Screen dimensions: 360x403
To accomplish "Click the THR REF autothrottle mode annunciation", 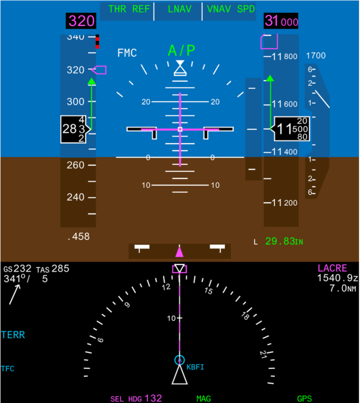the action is pyautogui.click(x=126, y=9).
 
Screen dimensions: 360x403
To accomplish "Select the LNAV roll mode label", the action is pyautogui.click(x=178, y=9).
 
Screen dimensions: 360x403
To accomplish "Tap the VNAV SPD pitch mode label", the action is pyautogui.click(x=228, y=9).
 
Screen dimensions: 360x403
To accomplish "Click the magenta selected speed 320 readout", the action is pyautogui.click(x=82, y=21).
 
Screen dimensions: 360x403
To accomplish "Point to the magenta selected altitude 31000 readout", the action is pyautogui.click(x=281, y=21).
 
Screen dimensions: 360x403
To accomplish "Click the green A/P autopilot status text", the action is pyautogui.click(x=182, y=50).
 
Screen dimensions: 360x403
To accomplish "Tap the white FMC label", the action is pyautogui.click(x=127, y=53).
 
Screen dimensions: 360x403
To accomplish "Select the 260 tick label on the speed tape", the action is pyautogui.click(x=75, y=165).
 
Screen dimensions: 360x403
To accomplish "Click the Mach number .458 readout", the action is pyautogui.click(x=78, y=237).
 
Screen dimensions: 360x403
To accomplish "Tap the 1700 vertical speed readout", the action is pyautogui.click(x=315, y=56).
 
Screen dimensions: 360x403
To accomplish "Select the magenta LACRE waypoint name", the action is pyautogui.click(x=332, y=269).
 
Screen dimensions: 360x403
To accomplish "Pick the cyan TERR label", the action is pyautogui.click(x=13, y=335).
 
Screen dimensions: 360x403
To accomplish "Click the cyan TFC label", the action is pyautogui.click(x=8, y=369).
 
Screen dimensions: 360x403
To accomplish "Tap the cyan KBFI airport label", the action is pyautogui.click(x=195, y=367).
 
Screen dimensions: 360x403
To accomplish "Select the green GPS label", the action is pyautogui.click(x=304, y=399).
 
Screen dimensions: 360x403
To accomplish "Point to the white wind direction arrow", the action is pyautogui.click(x=14, y=294).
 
